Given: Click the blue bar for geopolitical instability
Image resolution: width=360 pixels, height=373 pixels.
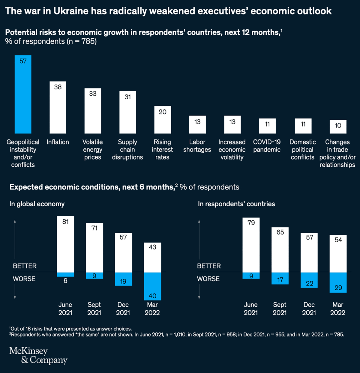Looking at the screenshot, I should (x=23, y=94).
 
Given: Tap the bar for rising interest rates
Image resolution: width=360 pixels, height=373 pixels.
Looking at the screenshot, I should (x=163, y=120).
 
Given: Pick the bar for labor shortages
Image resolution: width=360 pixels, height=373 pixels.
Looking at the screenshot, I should (x=197, y=124).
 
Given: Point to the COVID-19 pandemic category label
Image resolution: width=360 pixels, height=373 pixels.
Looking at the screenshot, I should (x=267, y=146).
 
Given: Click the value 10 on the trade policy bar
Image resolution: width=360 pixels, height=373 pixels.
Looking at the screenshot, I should (x=338, y=125).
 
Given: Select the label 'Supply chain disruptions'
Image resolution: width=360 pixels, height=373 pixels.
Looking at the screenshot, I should (x=127, y=149).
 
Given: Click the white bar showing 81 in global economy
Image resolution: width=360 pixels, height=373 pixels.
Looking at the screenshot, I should (x=65, y=244).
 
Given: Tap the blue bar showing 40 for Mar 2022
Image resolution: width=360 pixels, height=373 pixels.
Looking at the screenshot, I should (x=152, y=286).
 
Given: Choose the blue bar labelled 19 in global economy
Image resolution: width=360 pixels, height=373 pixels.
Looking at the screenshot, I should (x=123, y=279).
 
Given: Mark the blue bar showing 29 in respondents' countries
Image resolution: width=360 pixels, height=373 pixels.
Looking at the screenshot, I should (x=338, y=282).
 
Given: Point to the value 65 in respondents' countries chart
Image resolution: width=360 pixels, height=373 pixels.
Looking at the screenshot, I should (x=280, y=232).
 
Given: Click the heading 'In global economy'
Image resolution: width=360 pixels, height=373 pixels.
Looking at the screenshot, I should (x=37, y=204).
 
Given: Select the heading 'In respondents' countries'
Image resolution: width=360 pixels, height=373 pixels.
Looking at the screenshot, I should (x=236, y=204).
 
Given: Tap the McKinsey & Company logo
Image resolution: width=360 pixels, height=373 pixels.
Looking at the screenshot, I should (x=38, y=355).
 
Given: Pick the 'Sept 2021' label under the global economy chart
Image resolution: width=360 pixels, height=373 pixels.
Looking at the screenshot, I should (x=94, y=309).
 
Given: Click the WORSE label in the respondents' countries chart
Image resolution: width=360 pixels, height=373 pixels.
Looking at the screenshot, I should (x=208, y=279).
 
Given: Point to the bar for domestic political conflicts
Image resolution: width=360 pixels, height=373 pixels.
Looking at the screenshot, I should (x=303, y=126).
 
